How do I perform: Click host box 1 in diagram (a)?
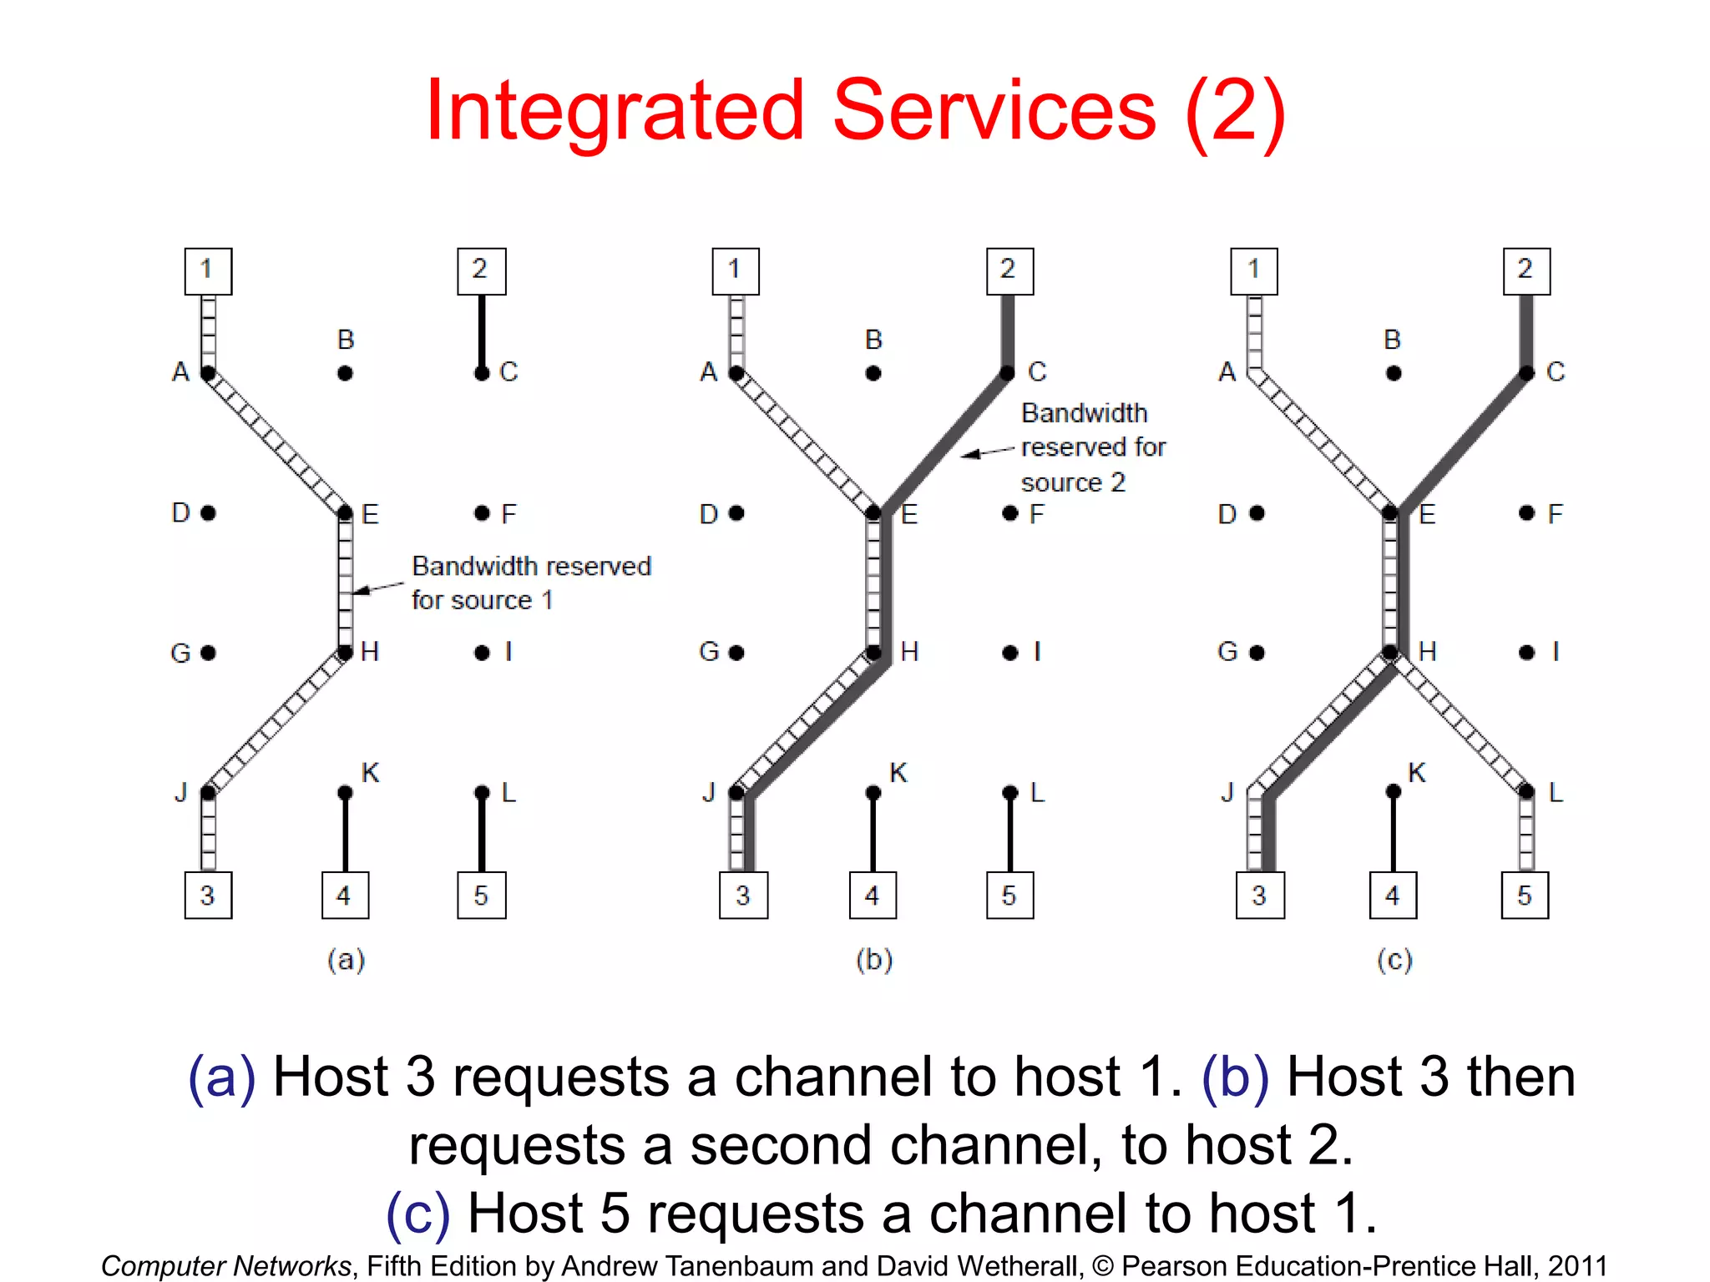click(208, 271)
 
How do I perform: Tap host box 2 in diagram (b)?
click(1009, 271)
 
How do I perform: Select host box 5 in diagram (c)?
click(1525, 895)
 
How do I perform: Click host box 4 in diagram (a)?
click(345, 895)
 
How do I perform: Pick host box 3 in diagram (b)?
click(743, 895)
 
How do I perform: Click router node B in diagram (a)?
click(345, 373)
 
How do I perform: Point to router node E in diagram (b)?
click(873, 512)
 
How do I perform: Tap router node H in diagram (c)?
click(1390, 652)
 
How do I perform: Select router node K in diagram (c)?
click(1393, 791)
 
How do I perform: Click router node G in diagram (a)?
click(209, 653)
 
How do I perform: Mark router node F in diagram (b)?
click(1010, 512)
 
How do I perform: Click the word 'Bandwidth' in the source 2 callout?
click(1084, 413)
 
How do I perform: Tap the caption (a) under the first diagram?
click(346, 960)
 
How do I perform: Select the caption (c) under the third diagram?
click(1394, 960)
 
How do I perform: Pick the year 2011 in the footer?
click(1576, 1265)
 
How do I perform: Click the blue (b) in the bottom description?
click(1235, 1077)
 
